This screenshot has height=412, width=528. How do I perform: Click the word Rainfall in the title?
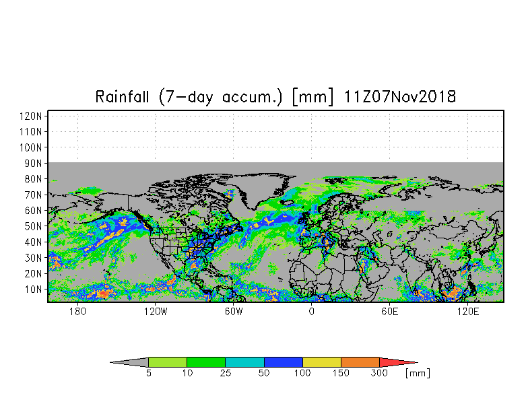122,97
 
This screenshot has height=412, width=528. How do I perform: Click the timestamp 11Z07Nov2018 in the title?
400,97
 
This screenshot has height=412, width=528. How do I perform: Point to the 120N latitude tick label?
31,116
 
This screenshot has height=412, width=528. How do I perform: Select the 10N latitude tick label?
33,289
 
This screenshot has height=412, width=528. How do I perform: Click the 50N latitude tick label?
33,226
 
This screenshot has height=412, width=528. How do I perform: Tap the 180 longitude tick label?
78,311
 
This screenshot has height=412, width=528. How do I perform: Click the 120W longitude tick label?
155,311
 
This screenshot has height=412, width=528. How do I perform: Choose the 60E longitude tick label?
389,311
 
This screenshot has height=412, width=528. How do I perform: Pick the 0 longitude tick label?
311,311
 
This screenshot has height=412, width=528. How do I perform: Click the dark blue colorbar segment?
283,362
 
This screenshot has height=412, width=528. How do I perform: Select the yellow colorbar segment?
322,362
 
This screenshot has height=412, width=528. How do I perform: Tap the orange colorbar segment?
360,362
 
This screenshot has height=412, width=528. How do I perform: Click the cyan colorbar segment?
245,362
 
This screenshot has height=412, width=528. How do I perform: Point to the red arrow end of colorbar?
397,362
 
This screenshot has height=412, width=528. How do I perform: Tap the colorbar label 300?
379,373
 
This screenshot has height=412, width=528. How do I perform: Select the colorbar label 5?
148,373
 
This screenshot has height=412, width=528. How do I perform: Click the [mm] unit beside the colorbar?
418,373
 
